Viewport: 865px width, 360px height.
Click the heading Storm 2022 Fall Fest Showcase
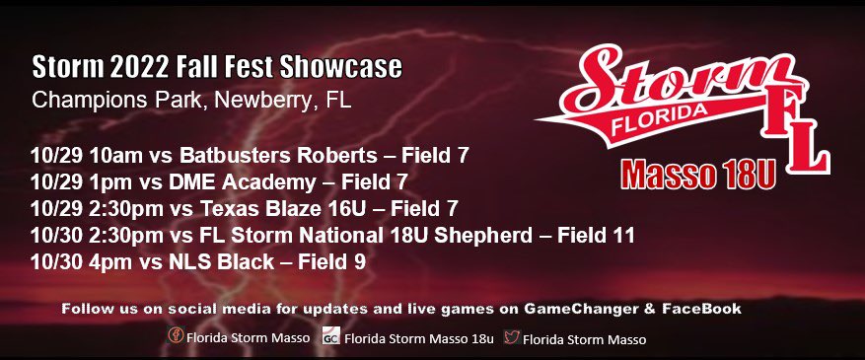coord(216,68)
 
